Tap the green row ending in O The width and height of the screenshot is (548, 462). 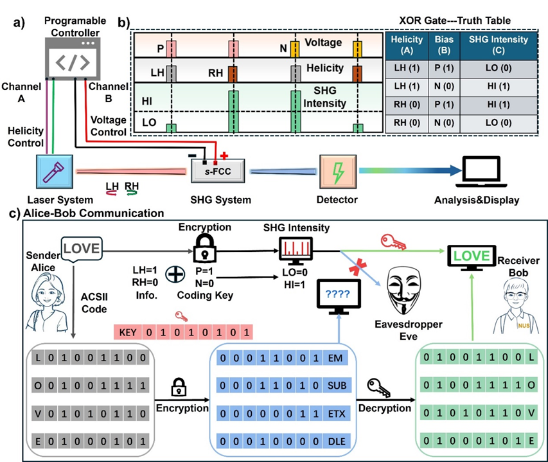point(477,384)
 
